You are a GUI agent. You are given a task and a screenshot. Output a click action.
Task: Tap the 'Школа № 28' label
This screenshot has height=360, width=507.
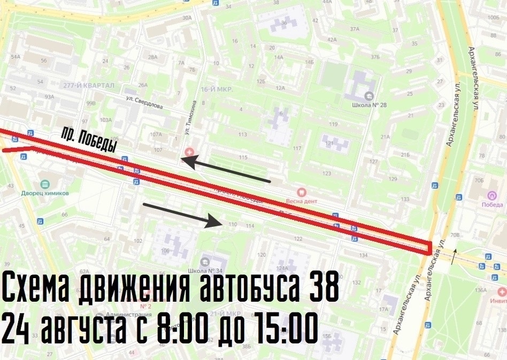[370, 105]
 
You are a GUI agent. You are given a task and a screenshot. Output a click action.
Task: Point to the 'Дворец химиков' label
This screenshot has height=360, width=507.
[45, 193]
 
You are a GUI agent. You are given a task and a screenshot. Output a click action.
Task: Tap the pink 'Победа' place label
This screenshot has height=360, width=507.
[492, 204]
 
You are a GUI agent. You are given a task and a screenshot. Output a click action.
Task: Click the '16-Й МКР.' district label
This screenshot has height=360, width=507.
[216, 89]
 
